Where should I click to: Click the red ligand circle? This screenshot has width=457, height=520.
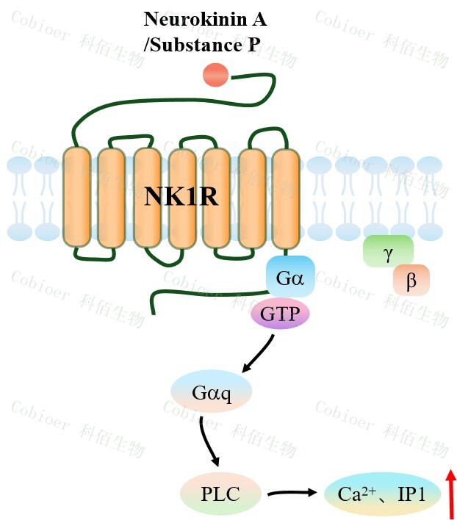coord(215,74)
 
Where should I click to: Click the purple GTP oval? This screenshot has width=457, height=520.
coord(281,315)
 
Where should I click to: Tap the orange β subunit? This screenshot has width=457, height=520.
coord(411,280)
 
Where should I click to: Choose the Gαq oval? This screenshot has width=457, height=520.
coord(212,393)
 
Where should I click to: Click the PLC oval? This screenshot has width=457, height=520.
coord(220,493)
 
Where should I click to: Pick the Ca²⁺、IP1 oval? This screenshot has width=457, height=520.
coord(381,494)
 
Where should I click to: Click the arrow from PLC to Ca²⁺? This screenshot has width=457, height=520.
coord(294,493)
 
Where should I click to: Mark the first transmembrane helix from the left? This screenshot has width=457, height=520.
coord(76,196)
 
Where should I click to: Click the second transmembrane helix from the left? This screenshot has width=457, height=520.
coord(112,196)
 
